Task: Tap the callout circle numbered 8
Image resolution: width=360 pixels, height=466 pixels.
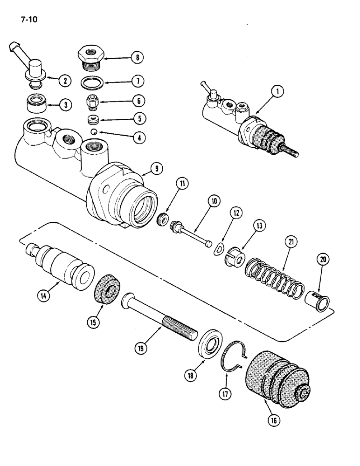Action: point(137,58)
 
